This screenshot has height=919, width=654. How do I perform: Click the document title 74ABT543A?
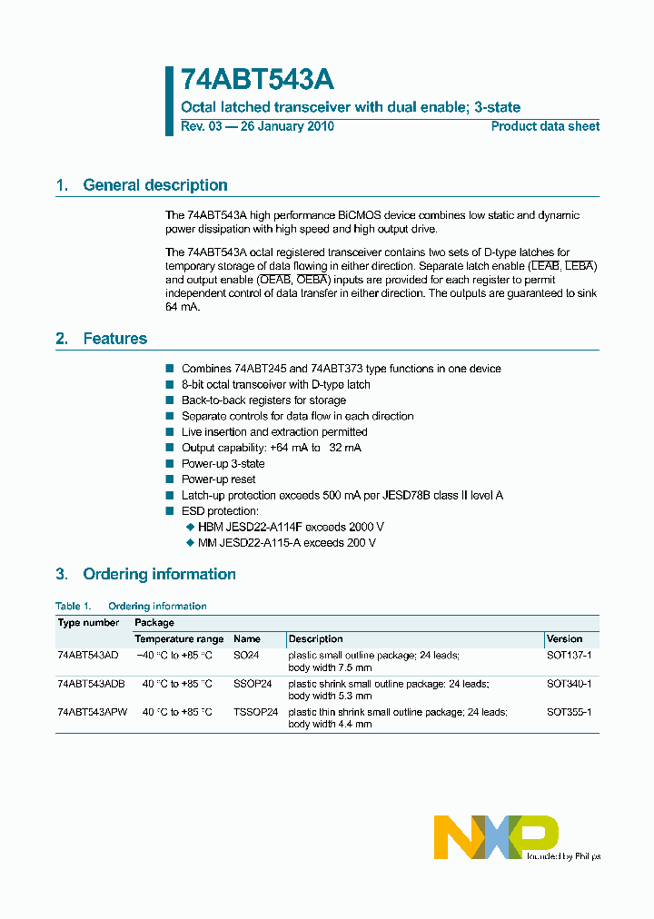tap(257, 81)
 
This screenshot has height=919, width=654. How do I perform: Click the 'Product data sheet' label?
tap(545, 126)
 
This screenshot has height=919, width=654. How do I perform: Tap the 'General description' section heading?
tap(154, 185)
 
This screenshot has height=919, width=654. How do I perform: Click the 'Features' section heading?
tap(114, 339)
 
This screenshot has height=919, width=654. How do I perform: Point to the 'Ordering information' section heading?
tap(159, 574)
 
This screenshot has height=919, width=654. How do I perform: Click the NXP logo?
tap(496, 836)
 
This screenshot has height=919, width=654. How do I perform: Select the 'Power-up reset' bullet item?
tap(218, 479)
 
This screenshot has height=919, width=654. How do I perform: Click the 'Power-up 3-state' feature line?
tap(223, 464)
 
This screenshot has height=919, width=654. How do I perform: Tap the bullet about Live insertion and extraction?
tap(273, 432)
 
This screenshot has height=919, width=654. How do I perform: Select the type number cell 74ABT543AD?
tap(88, 655)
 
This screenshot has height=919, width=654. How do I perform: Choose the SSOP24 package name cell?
tap(252, 684)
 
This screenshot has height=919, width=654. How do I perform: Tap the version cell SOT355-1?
tap(569, 713)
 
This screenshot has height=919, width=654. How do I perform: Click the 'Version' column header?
tap(564, 639)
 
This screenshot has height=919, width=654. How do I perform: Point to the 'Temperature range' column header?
tap(179, 639)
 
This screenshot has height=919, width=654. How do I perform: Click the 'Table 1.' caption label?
tap(74, 606)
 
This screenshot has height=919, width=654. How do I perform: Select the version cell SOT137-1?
tap(569, 655)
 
